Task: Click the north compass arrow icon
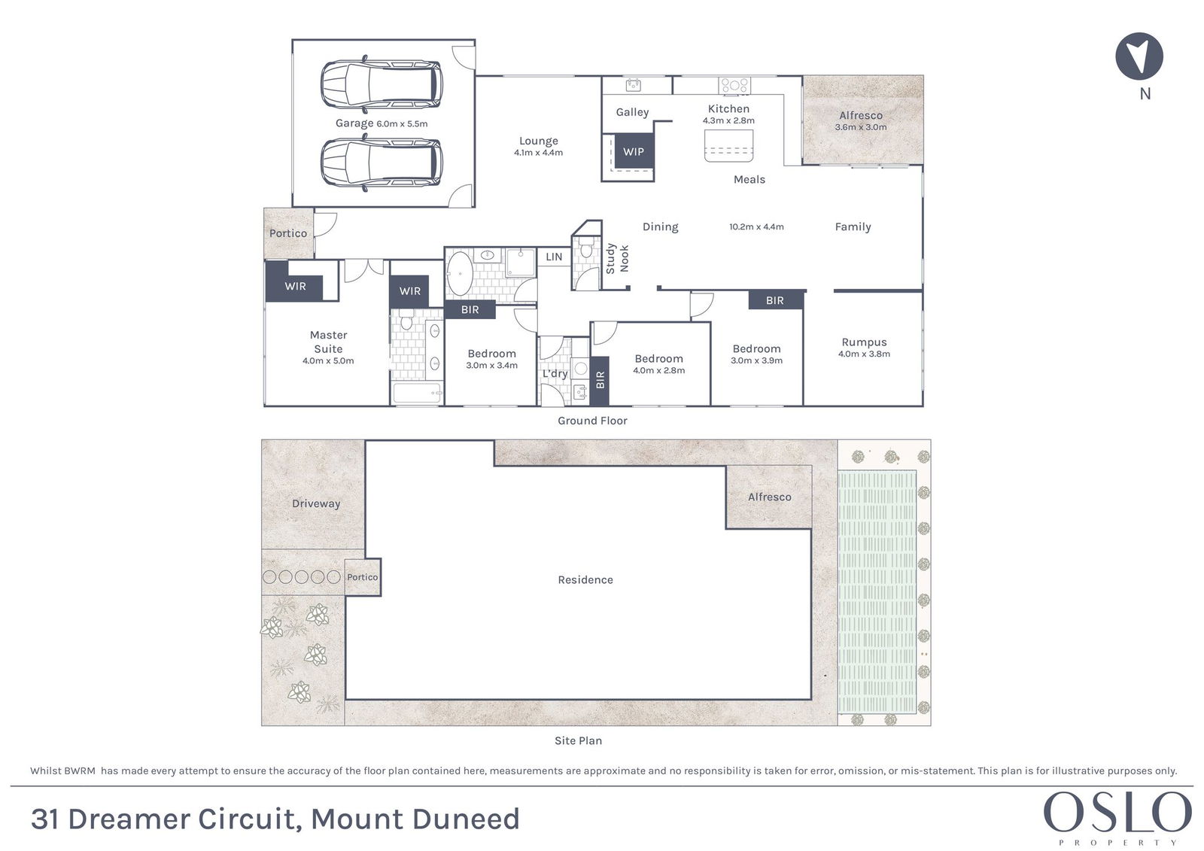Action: coord(1139,56)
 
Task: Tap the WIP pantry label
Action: coord(633,151)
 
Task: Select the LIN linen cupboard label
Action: coord(554,257)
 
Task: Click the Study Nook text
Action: coord(617,259)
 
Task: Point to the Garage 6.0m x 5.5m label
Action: coord(382,123)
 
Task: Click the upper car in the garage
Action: coord(382,84)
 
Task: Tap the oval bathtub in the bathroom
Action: coord(460,274)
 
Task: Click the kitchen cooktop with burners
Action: coord(734,85)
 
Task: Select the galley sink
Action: coord(633,85)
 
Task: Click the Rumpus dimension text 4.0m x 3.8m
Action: coord(865,354)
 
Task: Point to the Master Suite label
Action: coord(328,342)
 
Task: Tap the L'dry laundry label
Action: coord(555,374)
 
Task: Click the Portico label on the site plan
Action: coord(362,577)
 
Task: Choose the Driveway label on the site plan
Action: coord(316,503)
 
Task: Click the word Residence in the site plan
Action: coord(585,579)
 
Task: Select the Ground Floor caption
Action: coord(592,421)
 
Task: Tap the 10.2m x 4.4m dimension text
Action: coord(756,227)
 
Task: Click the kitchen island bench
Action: coord(728,146)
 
